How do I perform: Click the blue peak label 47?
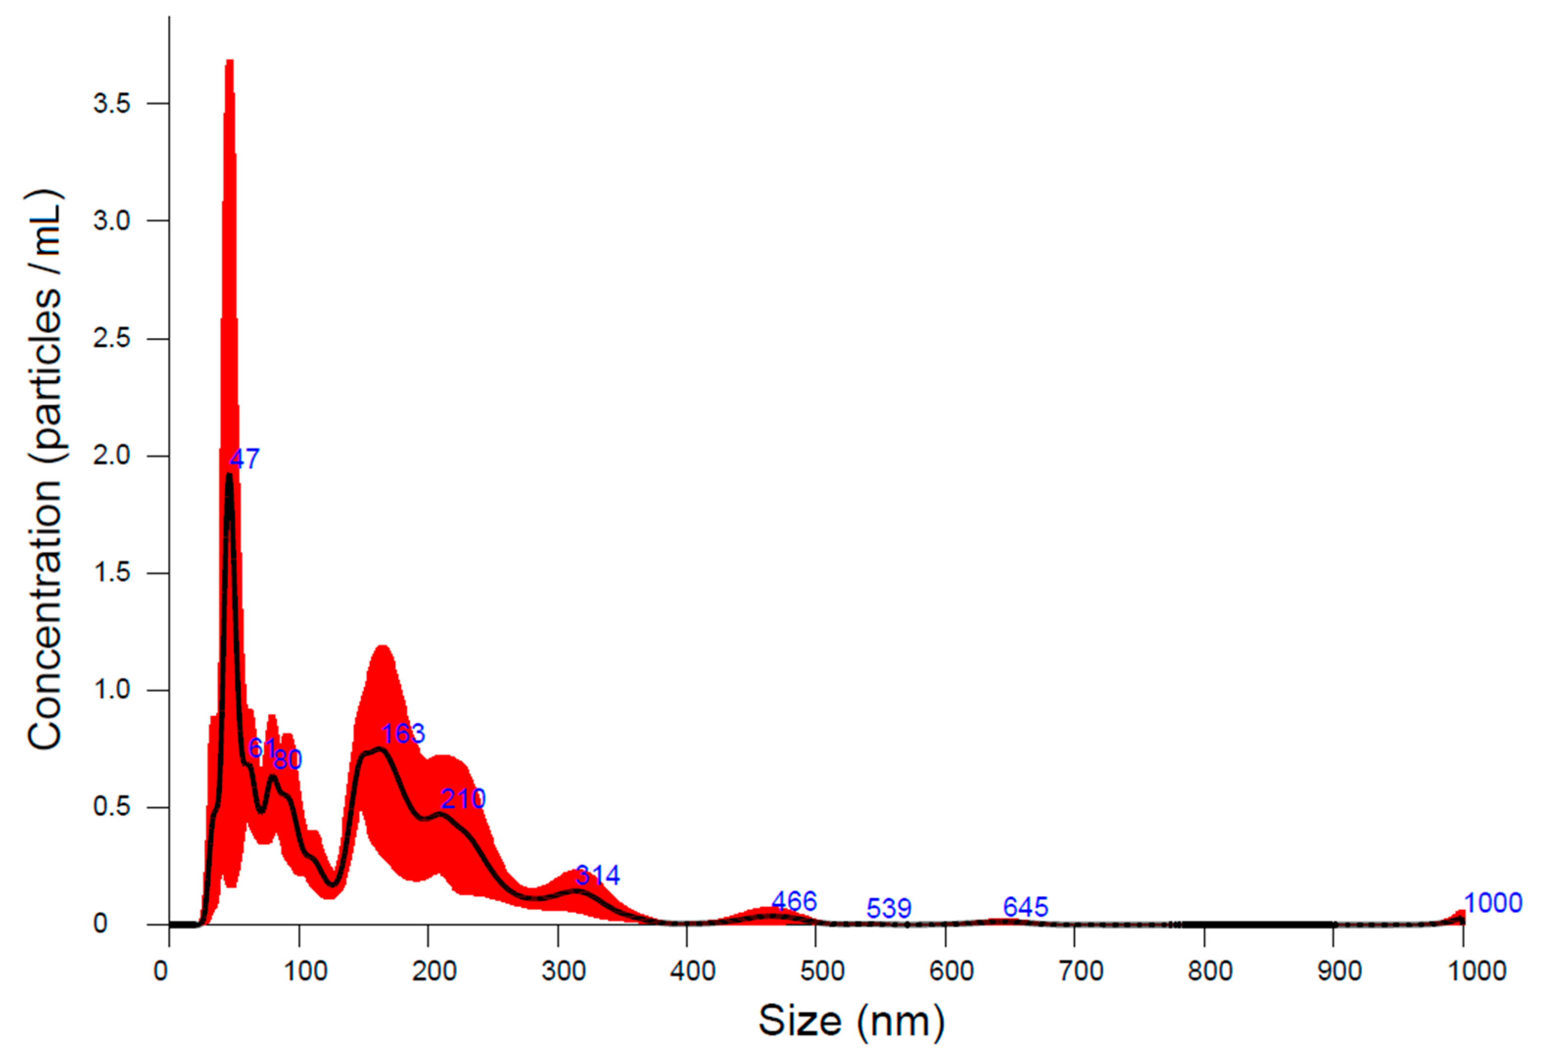(x=245, y=459)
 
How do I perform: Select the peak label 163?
(x=403, y=734)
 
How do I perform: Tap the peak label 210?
(x=463, y=799)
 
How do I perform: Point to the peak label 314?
(x=598, y=875)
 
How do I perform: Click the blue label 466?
(x=794, y=901)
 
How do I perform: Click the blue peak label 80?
(x=288, y=759)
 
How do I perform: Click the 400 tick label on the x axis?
(x=692, y=971)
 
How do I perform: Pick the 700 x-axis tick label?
(x=1081, y=971)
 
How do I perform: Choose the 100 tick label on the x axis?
(x=305, y=971)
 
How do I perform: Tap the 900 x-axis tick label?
(x=1339, y=971)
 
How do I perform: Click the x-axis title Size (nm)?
(x=851, y=1022)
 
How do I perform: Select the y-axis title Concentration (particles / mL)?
(x=46, y=469)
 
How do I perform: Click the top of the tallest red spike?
(x=229, y=62)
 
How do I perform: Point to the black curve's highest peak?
(x=229, y=475)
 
